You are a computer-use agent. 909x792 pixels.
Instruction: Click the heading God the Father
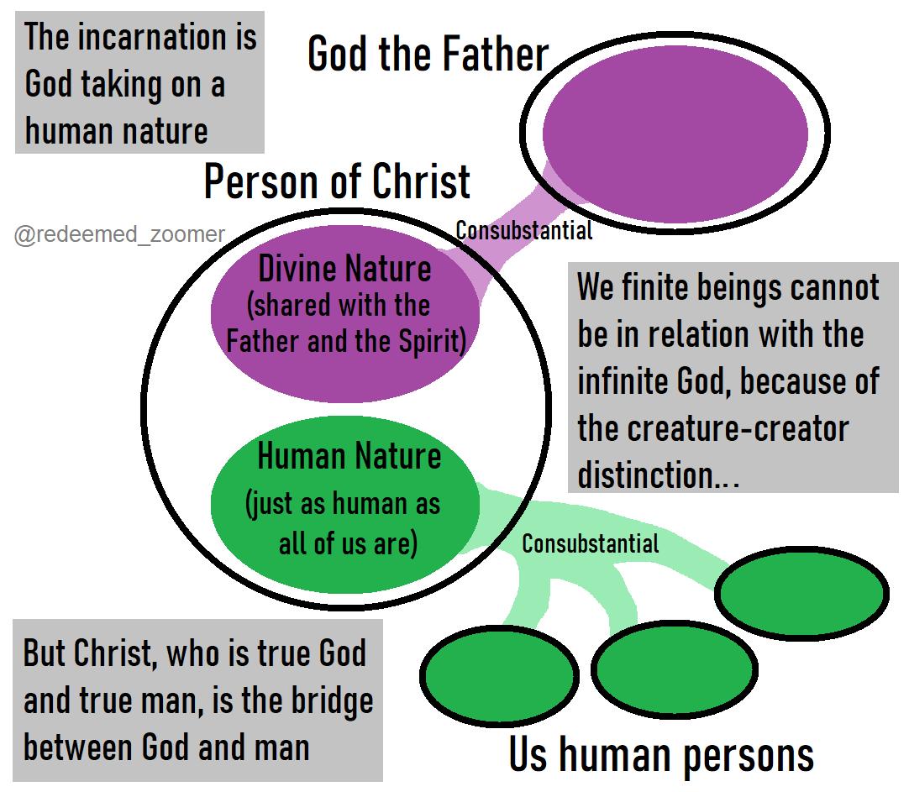click(x=428, y=55)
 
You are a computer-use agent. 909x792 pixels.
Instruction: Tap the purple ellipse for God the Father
click(x=675, y=134)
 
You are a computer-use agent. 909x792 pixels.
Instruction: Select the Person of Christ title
click(x=337, y=182)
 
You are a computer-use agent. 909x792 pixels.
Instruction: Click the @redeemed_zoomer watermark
click(x=119, y=234)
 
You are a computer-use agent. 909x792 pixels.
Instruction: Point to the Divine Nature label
click(x=344, y=270)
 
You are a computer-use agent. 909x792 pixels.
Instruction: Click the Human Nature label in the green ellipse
click(x=349, y=457)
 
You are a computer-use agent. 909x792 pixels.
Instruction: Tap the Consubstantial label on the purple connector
click(x=524, y=229)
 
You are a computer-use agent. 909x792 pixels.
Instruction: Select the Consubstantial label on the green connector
click(x=591, y=543)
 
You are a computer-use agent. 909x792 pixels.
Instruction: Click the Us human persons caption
click(x=661, y=754)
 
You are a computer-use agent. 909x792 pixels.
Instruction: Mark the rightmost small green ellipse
click(x=801, y=593)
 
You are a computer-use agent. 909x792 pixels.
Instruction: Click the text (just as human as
click(x=343, y=505)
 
